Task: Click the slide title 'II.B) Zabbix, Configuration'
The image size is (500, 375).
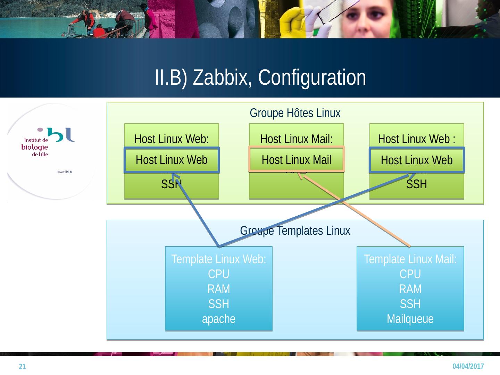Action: click(x=260, y=77)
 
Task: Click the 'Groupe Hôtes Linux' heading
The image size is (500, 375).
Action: click(x=295, y=113)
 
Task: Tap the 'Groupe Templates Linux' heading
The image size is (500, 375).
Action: click(x=295, y=231)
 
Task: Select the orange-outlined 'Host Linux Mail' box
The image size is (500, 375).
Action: click(x=296, y=160)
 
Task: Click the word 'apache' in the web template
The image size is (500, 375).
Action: click(x=218, y=319)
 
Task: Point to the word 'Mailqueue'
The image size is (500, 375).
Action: click(x=410, y=319)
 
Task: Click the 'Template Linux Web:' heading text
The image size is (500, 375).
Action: click(x=218, y=259)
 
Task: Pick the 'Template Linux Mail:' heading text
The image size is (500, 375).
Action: click(x=410, y=259)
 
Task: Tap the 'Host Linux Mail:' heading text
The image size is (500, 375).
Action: click(x=296, y=139)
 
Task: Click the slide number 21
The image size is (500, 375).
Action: click(x=22, y=367)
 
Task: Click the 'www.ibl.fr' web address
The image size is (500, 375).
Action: click(x=65, y=172)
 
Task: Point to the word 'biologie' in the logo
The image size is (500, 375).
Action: click(x=35, y=147)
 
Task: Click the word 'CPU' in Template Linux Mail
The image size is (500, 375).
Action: click(x=410, y=274)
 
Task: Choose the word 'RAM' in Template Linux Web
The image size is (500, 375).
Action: click(x=218, y=289)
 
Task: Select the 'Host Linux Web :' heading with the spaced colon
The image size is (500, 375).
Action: click(x=416, y=139)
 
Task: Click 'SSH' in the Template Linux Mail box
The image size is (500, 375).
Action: click(x=410, y=304)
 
